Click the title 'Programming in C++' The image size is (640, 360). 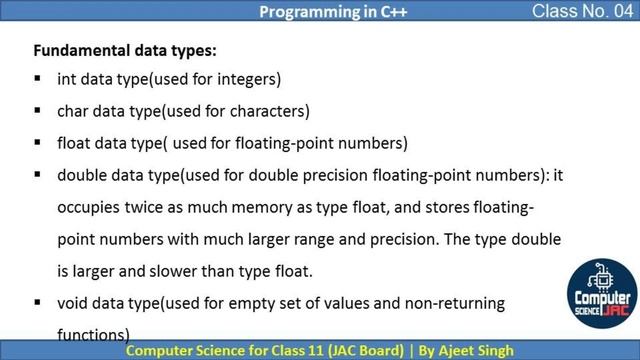click(320, 12)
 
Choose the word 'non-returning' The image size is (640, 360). click(458, 302)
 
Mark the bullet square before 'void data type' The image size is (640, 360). click(37, 301)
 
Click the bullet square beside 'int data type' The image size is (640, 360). click(37, 78)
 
